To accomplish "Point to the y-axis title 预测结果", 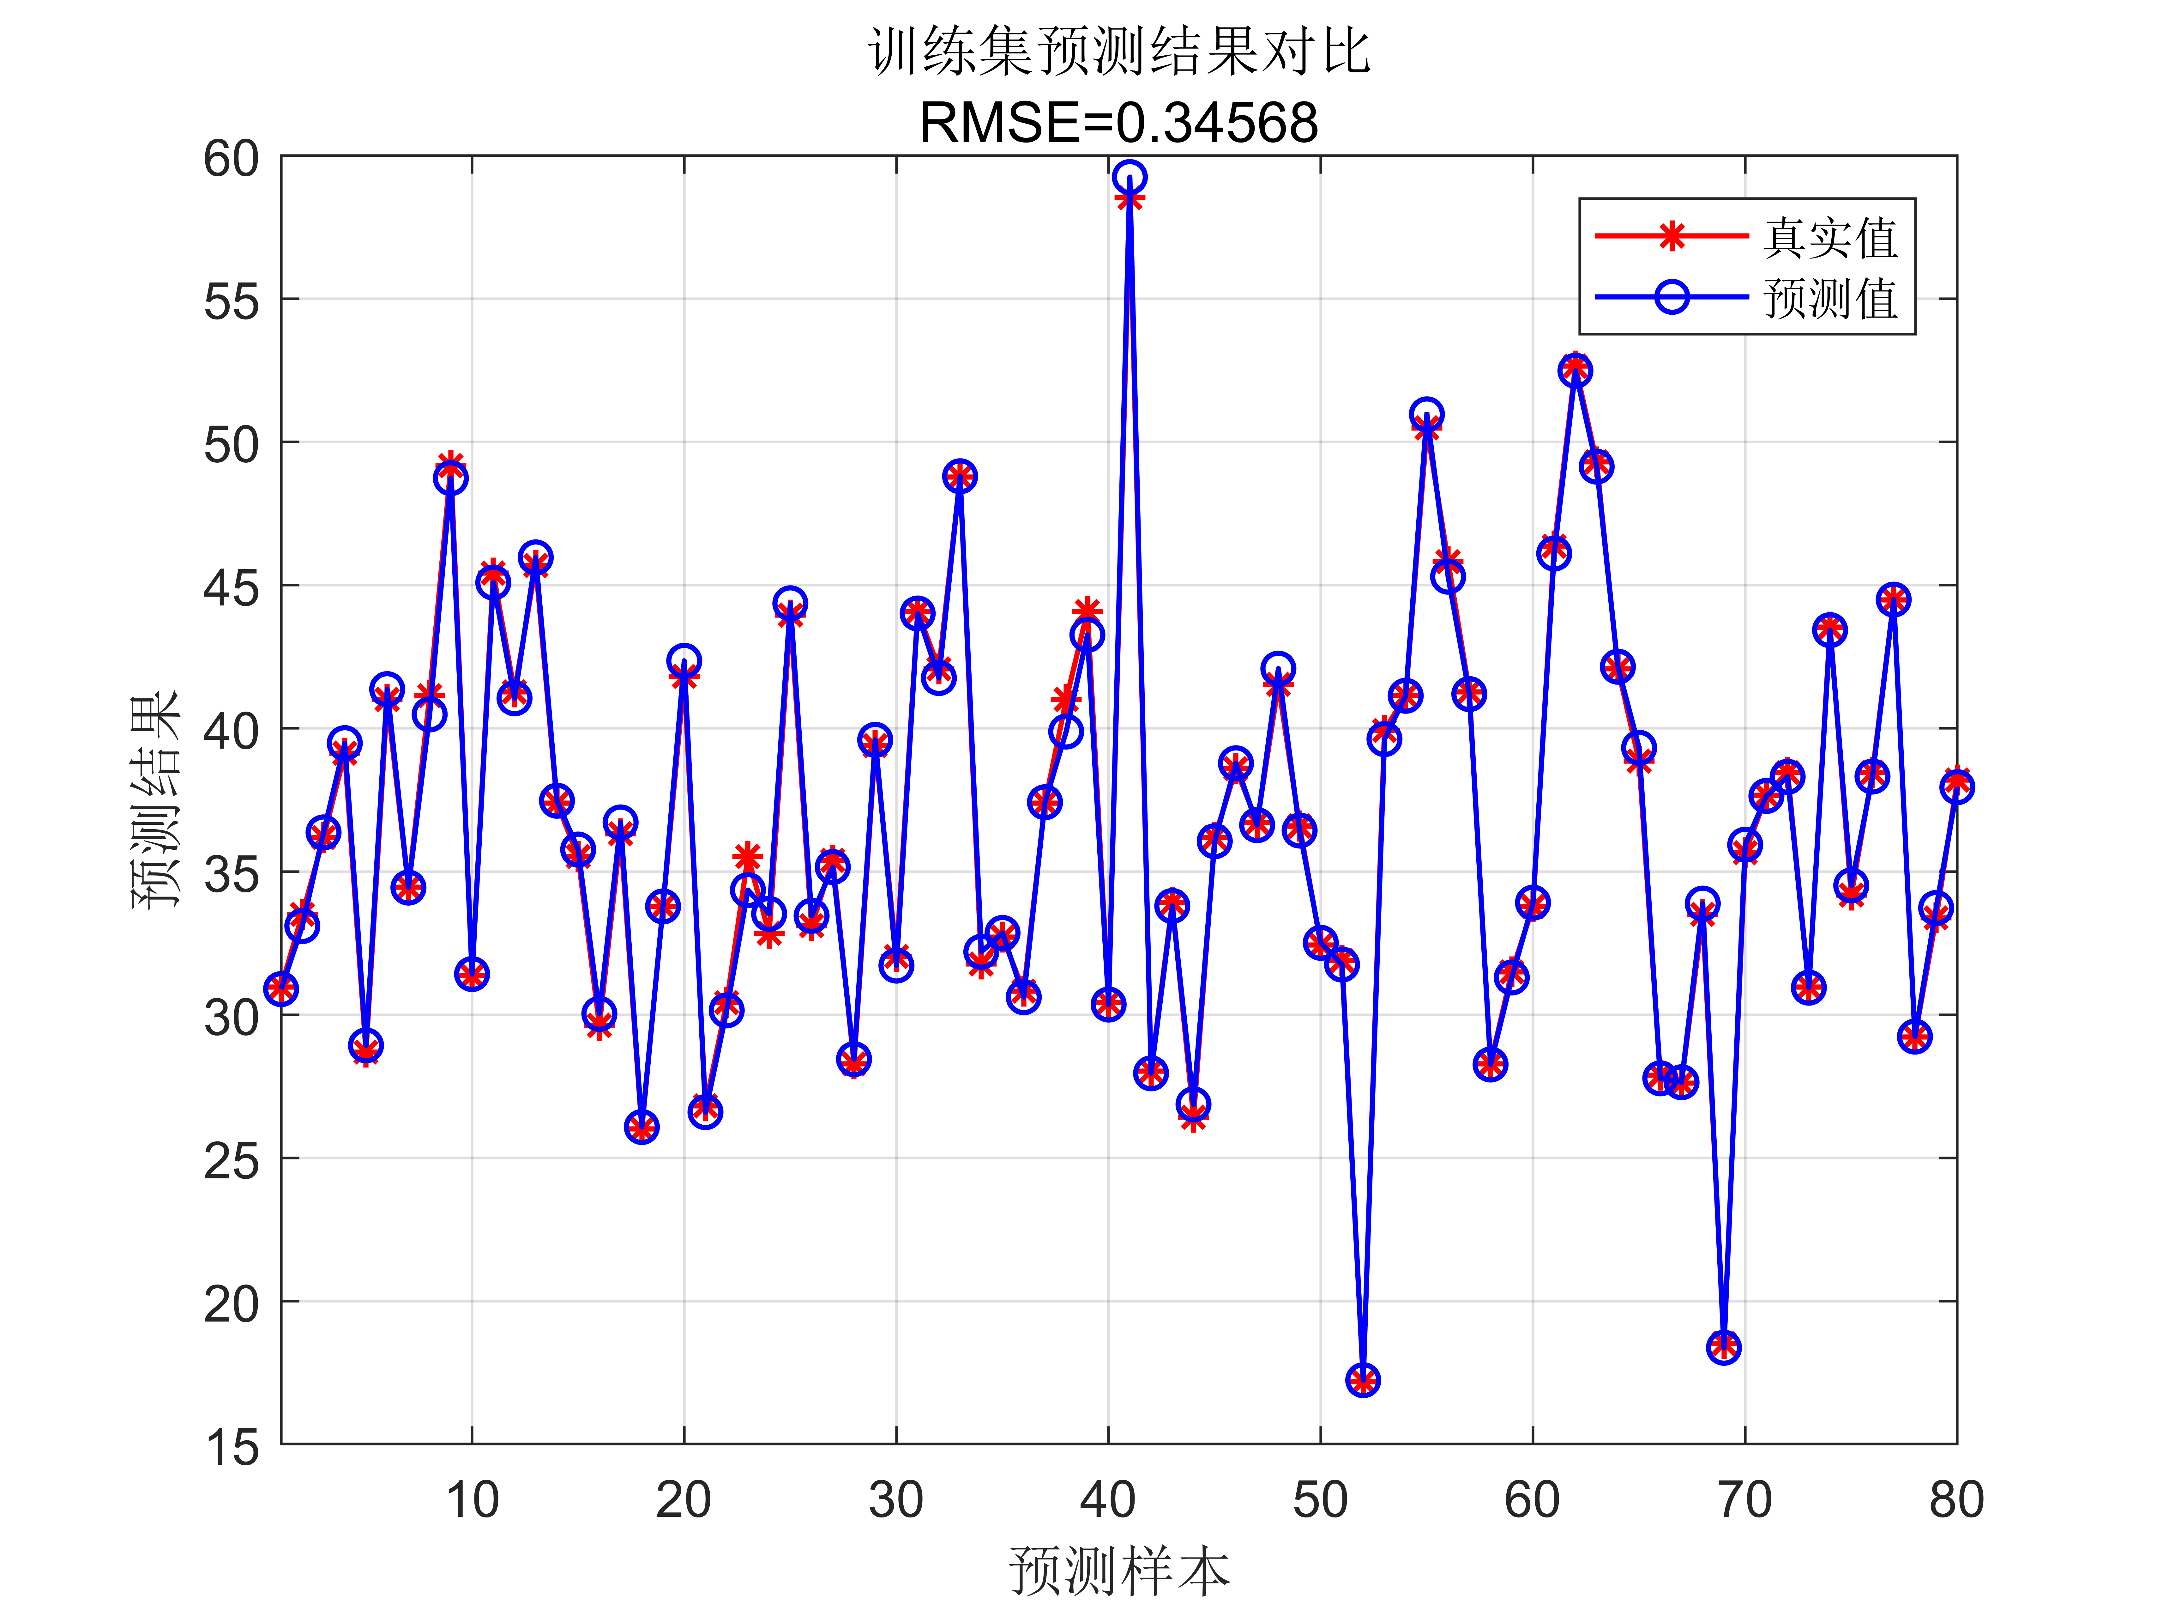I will pyautogui.click(x=156, y=799).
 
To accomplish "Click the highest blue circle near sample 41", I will pyautogui.click(x=1130, y=177).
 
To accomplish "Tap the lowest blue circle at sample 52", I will pyautogui.click(x=1362, y=1380).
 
